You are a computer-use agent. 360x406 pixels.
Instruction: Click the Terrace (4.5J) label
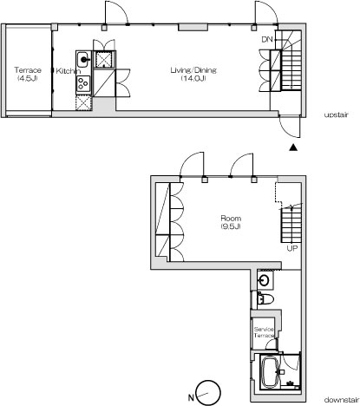[x=28, y=74]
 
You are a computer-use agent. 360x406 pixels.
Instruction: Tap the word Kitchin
[x=68, y=71]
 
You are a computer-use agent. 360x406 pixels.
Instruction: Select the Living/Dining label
[x=193, y=74]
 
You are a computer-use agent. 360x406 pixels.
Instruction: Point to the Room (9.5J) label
[x=231, y=222]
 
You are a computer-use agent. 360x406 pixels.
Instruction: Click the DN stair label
[x=267, y=39]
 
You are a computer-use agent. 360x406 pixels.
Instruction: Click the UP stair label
[x=291, y=248]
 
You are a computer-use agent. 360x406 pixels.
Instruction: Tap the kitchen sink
[x=84, y=60]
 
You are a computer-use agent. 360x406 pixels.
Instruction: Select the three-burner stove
[x=83, y=83]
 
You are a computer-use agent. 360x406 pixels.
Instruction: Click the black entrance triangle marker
[x=293, y=147]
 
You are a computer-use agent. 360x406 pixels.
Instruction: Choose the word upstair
[x=336, y=115]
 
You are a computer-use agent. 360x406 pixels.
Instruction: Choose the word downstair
[x=341, y=400]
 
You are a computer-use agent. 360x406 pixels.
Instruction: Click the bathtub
[x=270, y=373]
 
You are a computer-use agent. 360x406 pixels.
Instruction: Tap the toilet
[x=265, y=299]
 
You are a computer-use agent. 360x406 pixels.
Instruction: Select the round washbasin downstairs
[x=265, y=280]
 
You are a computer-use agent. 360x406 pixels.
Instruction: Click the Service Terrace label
[x=264, y=332]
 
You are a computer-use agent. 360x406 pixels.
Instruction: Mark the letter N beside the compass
[x=191, y=397]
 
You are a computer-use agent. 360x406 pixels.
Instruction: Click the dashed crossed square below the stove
[x=83, y=103]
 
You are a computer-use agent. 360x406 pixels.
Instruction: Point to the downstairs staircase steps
[x=291, y=225]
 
